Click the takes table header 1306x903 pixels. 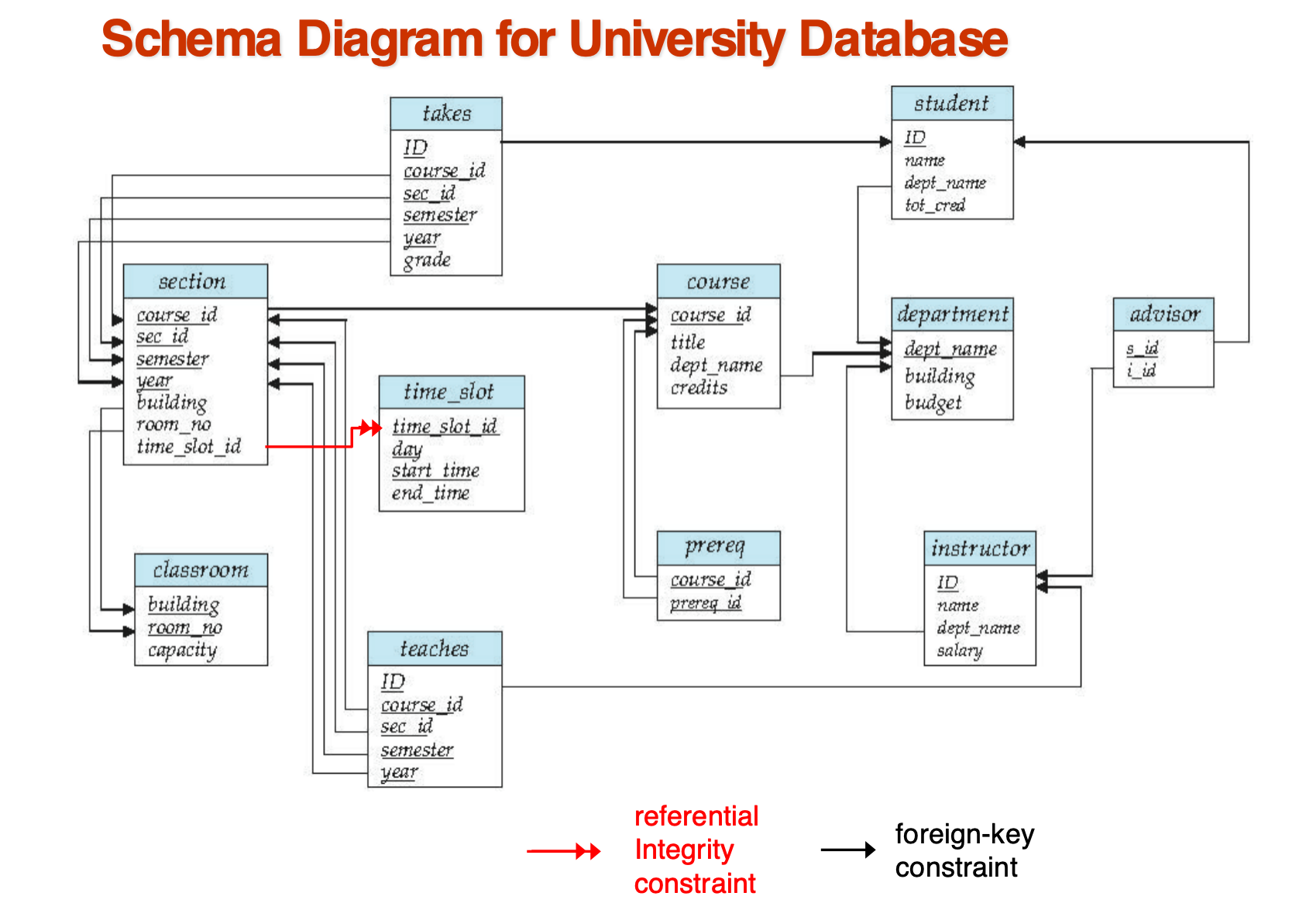click(446, 114)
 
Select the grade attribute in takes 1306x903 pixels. click(427, 260)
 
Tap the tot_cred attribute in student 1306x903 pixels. click(935, 205)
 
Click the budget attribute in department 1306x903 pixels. click(933, 403)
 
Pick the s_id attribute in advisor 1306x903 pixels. click(1142, 348)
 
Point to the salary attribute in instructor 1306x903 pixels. click(960, 651)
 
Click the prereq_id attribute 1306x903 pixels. click(706, 603)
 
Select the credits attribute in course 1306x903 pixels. click(699, 387)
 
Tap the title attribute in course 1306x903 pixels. click(687, 342)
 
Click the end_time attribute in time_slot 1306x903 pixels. click(430, 493)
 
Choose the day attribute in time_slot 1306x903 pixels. click(407, 449)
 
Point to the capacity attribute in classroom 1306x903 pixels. click(182, 650)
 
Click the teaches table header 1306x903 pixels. click(435, 648)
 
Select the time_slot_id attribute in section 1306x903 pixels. click(188, 447)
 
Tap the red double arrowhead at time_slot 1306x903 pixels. click(370, 428)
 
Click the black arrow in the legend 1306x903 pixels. click(847, 850)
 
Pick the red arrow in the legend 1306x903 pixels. click(563, 851)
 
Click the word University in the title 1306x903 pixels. click(678, 39)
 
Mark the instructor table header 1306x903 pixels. click(979, 548)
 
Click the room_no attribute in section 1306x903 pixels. click(174, 424)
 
